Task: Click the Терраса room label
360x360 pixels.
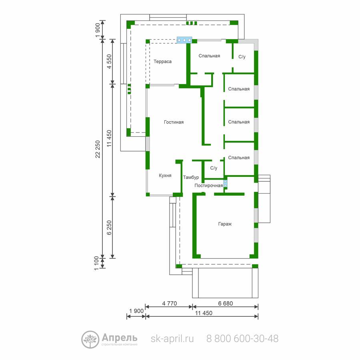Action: [x=162, y=62]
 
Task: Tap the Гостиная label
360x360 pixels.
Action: [x=174, y=122]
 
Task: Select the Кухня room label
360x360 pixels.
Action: [x=165, y=176]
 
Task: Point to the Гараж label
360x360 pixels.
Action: [x=225, y=224]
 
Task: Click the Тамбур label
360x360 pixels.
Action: [x=191, y=177]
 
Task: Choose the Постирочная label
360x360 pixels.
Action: [x=208, y=186]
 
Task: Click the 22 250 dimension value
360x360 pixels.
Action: [x=98, y=149]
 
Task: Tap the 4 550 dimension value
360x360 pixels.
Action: [x=109, y=61]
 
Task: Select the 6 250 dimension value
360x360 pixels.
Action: [x=109, y=228]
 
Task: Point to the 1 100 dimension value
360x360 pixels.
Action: [x=97, y=263]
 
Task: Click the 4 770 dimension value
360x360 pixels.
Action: [x=170, y=303]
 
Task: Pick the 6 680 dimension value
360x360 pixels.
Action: [x=226, y=303]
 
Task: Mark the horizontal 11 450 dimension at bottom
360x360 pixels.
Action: [x=204, y=313]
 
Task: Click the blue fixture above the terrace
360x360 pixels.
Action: [x=184, y=40]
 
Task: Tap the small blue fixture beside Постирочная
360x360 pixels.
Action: [x=226, y=184]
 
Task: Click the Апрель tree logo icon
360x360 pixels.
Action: [x=90, y=340]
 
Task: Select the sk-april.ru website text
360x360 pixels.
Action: [x=172, y=339]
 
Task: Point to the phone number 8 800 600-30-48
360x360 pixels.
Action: [x=242, y=338]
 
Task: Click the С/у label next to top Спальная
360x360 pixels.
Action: [x=242, y=57]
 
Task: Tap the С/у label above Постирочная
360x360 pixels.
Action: [x=214, y=168]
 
